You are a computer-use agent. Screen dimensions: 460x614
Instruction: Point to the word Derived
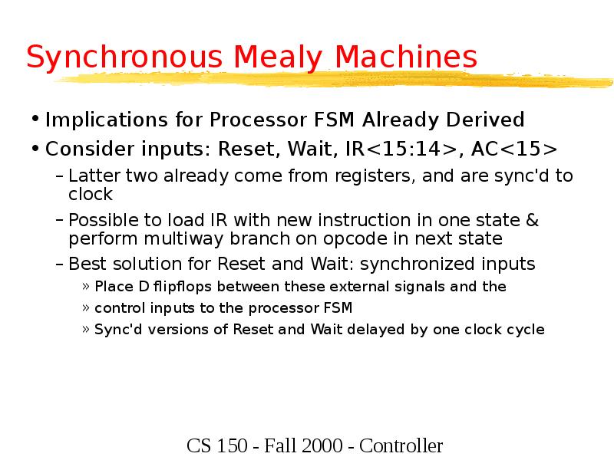pyautogui.click(x=486, y=120)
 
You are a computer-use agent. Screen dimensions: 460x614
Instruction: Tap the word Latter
pyautogui.click(x=90, y=176)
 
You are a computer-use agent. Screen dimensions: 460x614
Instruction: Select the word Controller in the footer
pyautogui.click(x=401, y=446)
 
